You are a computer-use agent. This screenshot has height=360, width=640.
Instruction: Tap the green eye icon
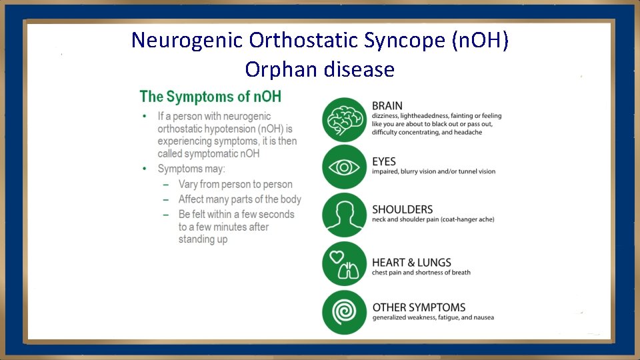click(344, 167)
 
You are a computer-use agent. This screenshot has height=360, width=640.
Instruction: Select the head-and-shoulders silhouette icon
click(344, 215)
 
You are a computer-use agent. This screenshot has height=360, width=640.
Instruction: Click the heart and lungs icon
click(344, 264)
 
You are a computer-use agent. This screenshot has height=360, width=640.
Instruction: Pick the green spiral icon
click(344, 312)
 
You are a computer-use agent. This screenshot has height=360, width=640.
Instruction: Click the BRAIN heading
click(387, 106)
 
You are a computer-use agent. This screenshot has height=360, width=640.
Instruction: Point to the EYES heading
click(384, 161)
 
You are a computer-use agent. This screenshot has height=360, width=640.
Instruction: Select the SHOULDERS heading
click(402, 209)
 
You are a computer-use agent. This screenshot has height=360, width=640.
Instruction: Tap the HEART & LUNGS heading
click(411, 263)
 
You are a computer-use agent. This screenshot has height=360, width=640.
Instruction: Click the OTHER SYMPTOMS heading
click(419, 307)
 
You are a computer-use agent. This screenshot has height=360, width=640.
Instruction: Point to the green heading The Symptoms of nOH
click(210, 97)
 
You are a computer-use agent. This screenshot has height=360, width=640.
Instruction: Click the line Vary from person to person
click(235, 184)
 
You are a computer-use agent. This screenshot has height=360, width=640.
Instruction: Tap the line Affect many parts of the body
click(239, 199)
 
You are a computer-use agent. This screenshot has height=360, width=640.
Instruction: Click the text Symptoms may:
click(191, 169)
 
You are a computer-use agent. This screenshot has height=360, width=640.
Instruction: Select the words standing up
click(203, 239)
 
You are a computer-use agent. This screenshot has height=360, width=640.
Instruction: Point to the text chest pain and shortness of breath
click(421, 273)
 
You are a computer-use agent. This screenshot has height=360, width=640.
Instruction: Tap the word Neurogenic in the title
click(187, 41)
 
